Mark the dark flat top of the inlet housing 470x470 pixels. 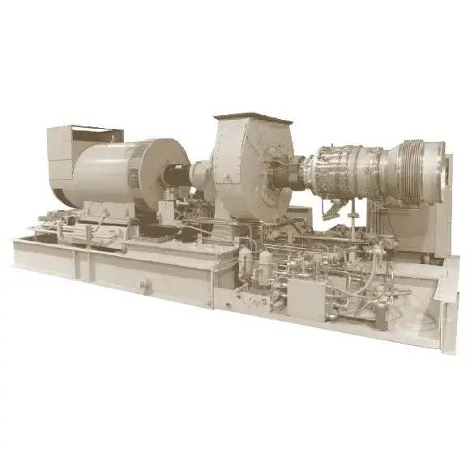click(251, 118)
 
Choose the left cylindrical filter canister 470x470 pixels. click(246, 264)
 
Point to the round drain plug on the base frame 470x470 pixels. click(143, 283)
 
